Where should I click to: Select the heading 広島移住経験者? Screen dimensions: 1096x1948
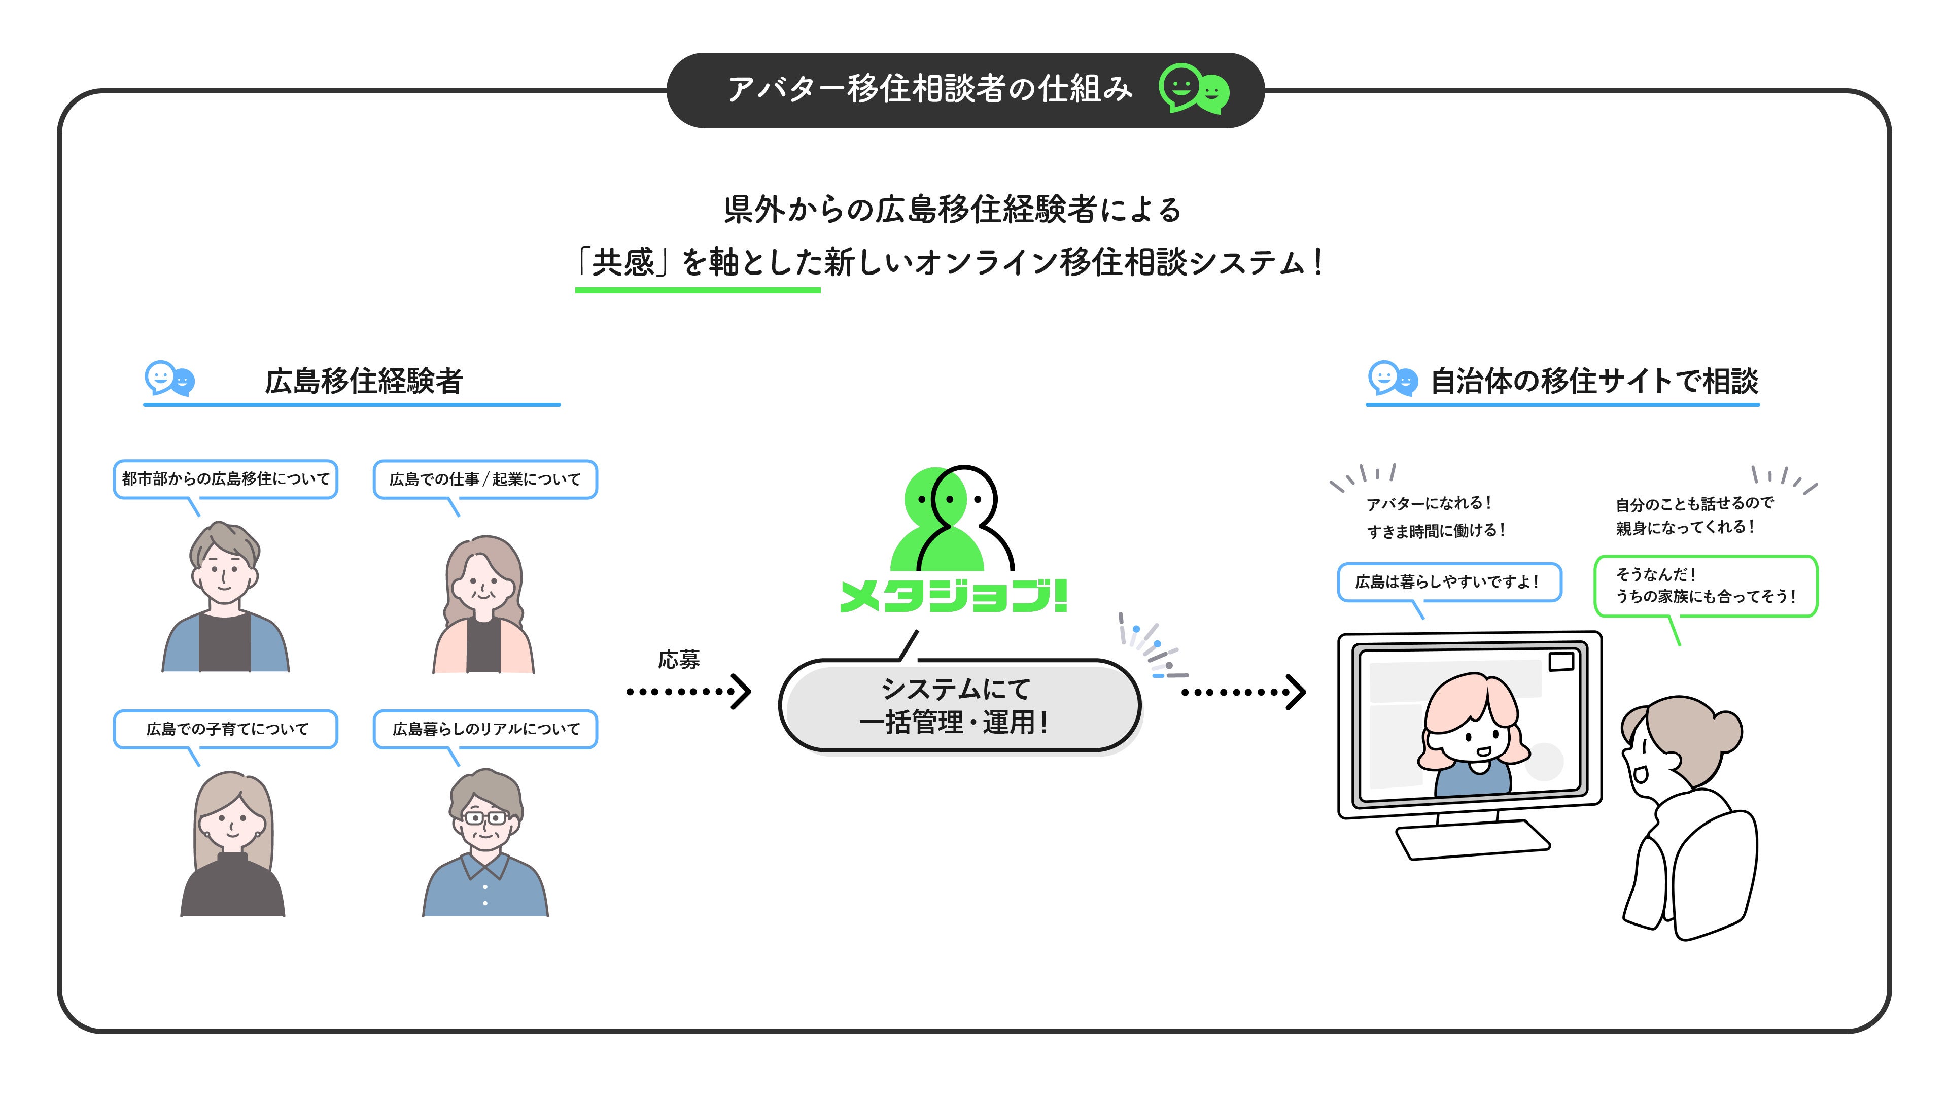point(363,381)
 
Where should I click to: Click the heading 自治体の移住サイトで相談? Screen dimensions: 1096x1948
point(1593,381)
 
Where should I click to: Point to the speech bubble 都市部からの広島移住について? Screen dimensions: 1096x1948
point(225,479)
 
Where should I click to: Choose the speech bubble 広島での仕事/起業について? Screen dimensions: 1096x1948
point(485,479)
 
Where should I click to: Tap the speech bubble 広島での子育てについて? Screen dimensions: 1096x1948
point(225,729)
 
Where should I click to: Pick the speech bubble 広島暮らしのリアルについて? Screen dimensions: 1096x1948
point(485,729)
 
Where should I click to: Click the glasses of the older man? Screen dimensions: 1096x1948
point(485,817)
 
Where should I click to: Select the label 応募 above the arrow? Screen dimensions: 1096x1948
point(678,660)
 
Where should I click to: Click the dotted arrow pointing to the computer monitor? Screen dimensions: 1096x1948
point(1243,691)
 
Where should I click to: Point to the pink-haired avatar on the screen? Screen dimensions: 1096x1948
point(1471,734)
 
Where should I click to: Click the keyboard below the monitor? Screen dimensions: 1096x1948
point(1472,840)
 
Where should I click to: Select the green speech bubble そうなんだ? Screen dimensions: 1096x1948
point(1704,586)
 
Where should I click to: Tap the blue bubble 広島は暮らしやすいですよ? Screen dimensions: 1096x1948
point(1448,581)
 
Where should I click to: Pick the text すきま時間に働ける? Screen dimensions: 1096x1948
point(1435,531)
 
